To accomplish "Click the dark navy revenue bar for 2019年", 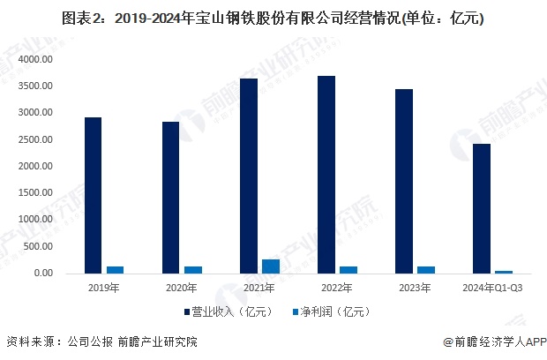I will (93, 195).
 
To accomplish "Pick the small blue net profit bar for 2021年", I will (271, 266).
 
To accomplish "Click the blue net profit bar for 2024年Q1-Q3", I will (504, 271).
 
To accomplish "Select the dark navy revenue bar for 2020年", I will (170, 198).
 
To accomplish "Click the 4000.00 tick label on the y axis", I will (37, 59).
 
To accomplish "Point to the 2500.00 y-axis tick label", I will (37, 139).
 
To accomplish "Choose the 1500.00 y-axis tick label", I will (37, 193).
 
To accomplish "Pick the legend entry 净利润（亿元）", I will (331, 311).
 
